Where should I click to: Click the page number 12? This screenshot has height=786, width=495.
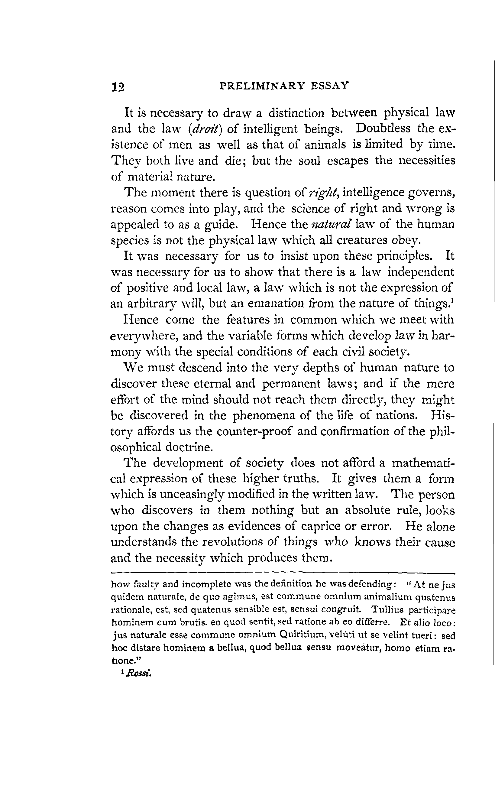point(118,87)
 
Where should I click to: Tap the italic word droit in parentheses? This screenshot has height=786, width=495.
point(205,129)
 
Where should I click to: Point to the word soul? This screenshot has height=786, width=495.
point(310,160)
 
